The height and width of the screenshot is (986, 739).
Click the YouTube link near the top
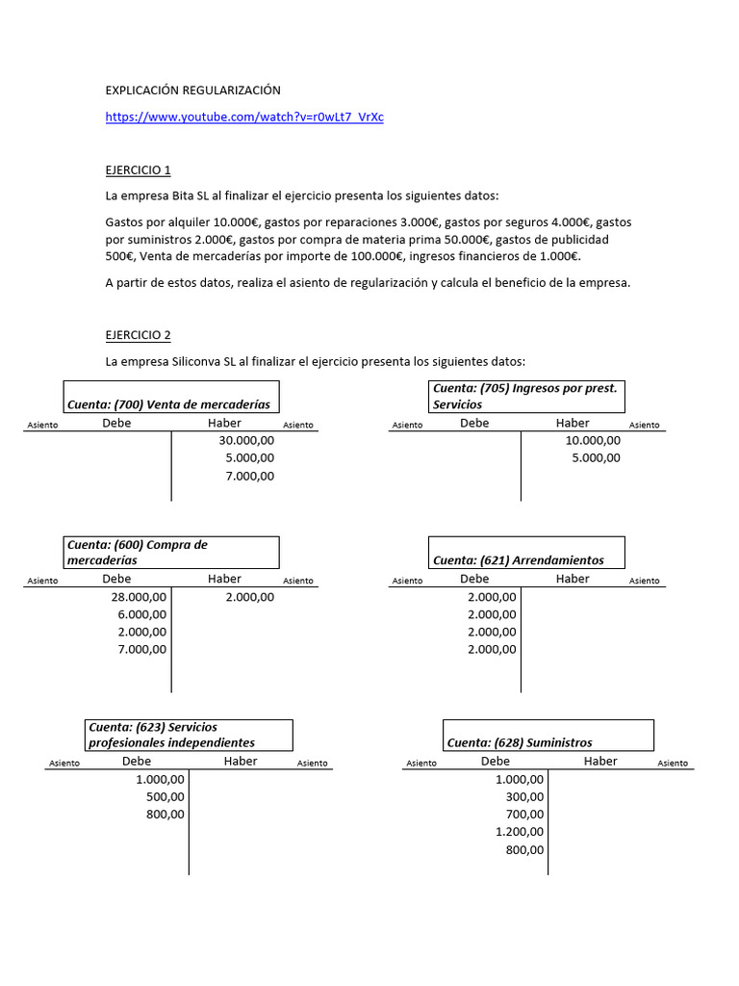click(244, 117)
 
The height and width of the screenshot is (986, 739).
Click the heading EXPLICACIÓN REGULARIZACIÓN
click(192, 91)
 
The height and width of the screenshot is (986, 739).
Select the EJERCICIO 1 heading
click(138, 170)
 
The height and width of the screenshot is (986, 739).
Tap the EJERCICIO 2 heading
click(138, 335)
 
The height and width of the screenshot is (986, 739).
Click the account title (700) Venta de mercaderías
click(168, 404)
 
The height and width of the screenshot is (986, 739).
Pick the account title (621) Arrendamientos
click(519, 560)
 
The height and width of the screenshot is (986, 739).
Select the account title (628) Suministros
click(520, 742)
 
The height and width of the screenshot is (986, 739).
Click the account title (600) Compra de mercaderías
click(138, 552)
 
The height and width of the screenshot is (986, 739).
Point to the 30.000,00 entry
click(246, 440)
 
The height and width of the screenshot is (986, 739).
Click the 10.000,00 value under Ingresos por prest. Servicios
click(593, 440)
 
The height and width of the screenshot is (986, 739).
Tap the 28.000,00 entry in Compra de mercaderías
click(139, 597)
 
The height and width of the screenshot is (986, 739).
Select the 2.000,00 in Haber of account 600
click(250, 597)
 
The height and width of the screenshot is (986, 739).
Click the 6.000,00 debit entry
click(141, 614)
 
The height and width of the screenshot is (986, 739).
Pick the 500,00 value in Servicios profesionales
click(166, 796)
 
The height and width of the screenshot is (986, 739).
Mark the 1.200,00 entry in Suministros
click(520, 832)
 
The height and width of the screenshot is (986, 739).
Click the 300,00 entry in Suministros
click(524, 796)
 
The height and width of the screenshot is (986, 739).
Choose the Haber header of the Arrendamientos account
click(573, 579)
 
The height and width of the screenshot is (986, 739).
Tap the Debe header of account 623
click(137, 761)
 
